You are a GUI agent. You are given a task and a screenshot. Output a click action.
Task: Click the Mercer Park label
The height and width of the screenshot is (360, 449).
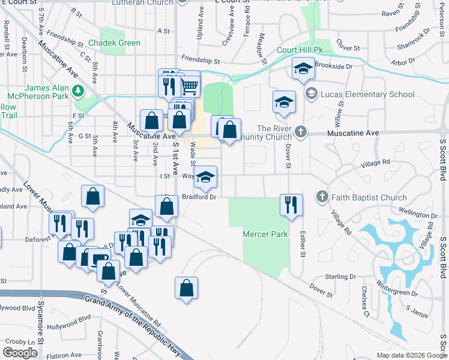point(265,234)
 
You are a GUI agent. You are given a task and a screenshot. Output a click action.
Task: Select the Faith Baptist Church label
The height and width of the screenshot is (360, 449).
point(370,197)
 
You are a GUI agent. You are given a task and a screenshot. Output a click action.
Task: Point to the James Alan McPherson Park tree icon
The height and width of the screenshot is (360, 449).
point(77,91)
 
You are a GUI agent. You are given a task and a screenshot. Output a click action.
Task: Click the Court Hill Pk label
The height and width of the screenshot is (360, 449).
point(301,50)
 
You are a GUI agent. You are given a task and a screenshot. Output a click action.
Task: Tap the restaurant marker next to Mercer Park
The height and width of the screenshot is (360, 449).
point(291,205)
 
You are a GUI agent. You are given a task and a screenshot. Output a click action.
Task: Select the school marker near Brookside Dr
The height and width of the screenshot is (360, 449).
point(303,69)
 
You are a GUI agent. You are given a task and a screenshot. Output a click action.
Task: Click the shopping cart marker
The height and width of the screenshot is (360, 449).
point(189,86)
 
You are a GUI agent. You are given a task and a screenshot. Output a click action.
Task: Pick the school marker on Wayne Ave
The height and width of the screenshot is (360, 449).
point(206,176)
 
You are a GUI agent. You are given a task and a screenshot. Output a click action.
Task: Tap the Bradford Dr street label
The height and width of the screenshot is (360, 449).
point(199,196)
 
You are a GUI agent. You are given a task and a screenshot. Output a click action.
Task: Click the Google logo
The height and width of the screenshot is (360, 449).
point(20,353)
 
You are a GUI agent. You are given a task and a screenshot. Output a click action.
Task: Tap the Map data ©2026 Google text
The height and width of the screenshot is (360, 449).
point(411,355)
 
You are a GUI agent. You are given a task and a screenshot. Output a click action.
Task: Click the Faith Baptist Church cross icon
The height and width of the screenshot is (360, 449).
point(322,197)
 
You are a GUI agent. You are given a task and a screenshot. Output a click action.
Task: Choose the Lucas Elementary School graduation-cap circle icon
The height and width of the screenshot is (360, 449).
point(311,94)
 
